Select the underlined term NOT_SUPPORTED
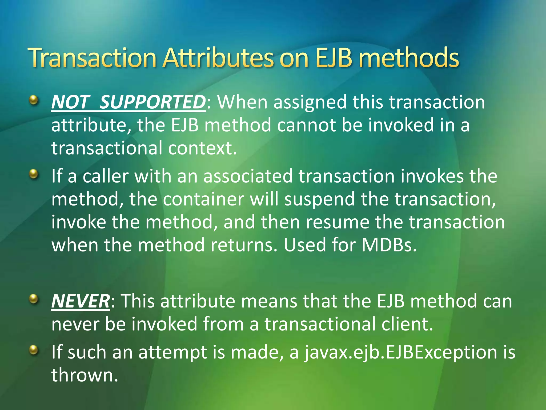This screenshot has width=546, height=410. click(128, 102)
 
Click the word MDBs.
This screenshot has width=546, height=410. click(389, 245)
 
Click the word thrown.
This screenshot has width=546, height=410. click(84, 375)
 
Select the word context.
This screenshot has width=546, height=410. click(202, 148)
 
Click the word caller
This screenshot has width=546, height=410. click(106, 176)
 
